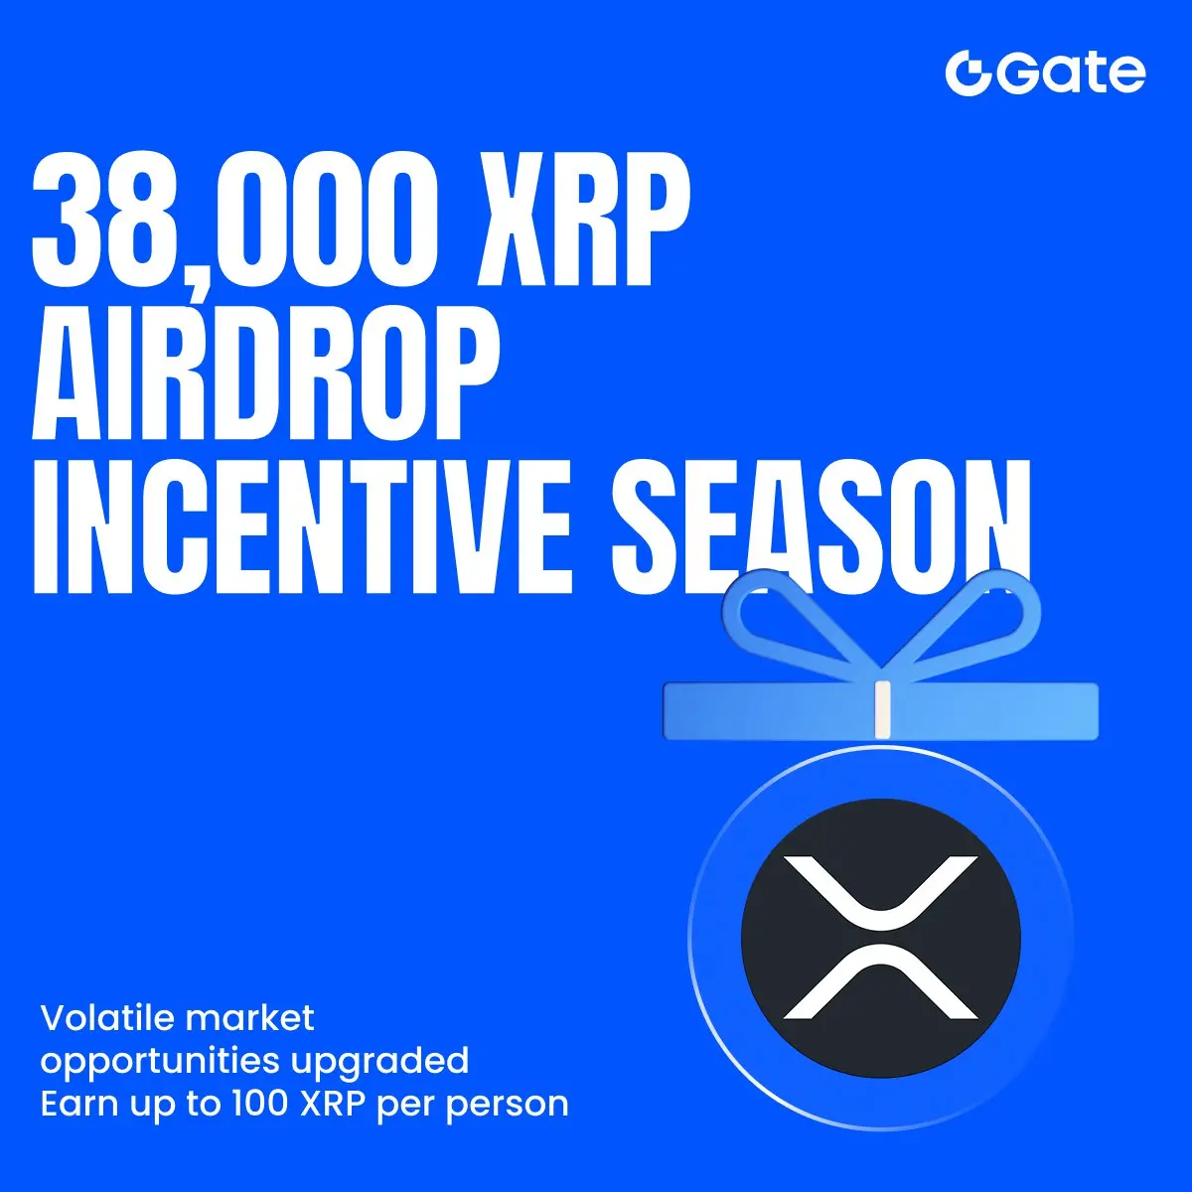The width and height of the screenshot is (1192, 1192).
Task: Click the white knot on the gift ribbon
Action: pos(883,709)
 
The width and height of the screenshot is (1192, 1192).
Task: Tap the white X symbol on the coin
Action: pos(881,938)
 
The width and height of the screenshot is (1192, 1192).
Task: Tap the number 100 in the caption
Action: pos(260,1104)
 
